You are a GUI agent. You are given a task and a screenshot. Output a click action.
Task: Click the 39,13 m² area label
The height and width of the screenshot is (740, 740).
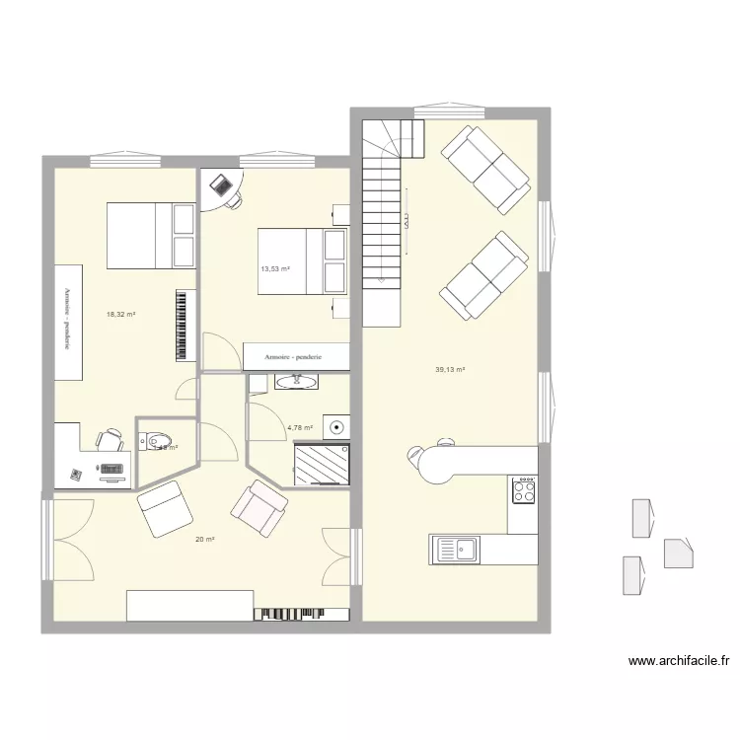coord(450,370)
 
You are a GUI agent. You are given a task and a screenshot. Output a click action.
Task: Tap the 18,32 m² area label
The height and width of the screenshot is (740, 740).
coord(120,315)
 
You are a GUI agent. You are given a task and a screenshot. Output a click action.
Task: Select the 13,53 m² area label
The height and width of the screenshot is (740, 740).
coord(274,268)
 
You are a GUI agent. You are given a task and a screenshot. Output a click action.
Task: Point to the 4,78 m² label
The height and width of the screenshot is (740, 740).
coord(299,428)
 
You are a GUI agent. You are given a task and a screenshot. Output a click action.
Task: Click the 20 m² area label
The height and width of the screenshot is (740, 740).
coord(205,539)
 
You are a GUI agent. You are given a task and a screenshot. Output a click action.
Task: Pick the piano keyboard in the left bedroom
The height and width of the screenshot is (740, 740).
coord(182,325)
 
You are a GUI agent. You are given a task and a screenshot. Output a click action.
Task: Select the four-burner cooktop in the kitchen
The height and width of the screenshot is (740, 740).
coord(523,489)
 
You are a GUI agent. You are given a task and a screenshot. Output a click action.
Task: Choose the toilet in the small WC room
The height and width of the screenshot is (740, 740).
coord(157,441)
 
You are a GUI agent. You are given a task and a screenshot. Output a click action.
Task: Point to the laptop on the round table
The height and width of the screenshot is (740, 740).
coord(221,185)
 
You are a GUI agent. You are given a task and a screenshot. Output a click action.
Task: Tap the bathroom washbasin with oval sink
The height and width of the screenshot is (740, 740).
coord(295,382)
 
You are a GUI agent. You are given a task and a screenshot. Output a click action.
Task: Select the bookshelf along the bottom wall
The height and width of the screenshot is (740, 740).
coord(302,614)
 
